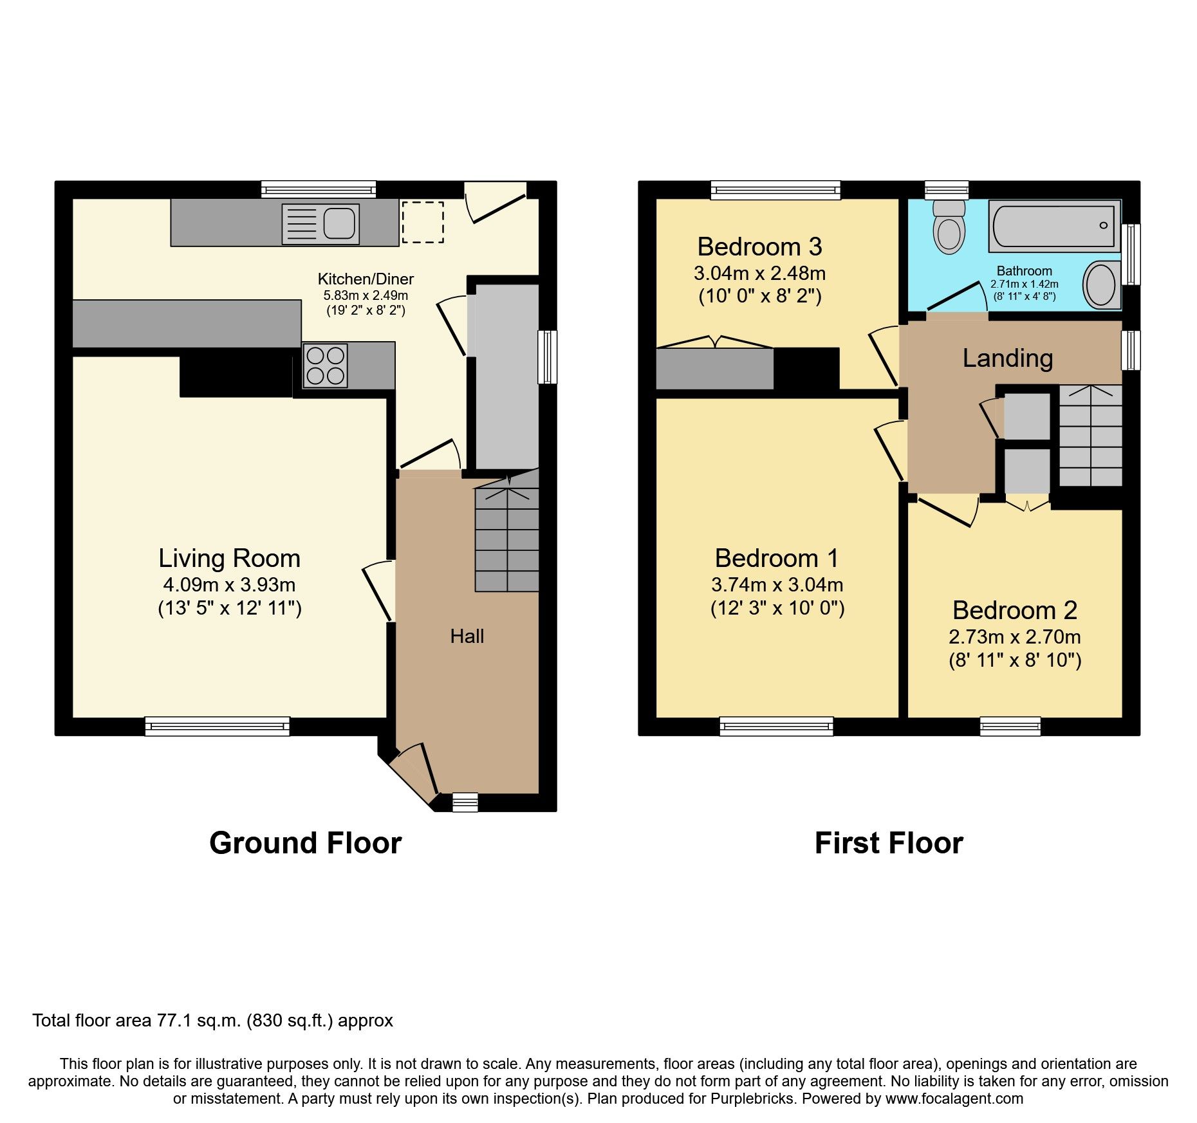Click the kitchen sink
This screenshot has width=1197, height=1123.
coord(320,225)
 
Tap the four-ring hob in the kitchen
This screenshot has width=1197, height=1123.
coord(326,366)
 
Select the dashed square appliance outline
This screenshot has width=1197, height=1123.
coord(423,222)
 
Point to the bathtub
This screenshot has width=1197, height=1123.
coord(1054,226)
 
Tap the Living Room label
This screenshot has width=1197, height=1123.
coord(230,558)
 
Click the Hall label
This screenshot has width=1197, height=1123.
coord(467,636)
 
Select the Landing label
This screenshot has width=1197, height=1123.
coord(1007,358)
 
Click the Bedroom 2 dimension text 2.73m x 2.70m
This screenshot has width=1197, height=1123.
coord(1014,636)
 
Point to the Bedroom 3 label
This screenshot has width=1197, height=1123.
coord(759,246)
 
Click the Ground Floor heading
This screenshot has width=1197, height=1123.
coord(305,842)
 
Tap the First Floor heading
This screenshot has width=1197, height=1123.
coord(888,842)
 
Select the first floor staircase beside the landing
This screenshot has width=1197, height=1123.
coord(1090,436)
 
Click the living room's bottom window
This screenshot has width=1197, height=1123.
coord(217,727)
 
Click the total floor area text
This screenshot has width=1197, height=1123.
coord(212,1020)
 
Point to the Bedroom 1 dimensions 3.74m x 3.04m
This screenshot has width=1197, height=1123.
coord(777,584)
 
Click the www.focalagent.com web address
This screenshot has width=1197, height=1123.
coord(954,1099)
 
